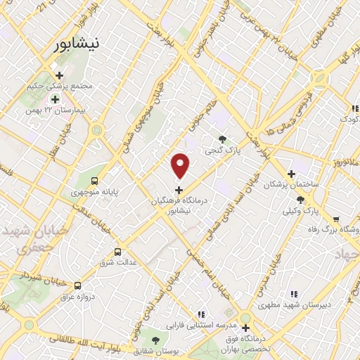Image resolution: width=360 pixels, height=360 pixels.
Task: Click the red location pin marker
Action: point(181,165)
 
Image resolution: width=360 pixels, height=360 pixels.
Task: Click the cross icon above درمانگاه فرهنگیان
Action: point(179,189)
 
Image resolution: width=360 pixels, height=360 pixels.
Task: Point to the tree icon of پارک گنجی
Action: point(223,139)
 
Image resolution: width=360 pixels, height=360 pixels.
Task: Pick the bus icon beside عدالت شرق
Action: point(117,251)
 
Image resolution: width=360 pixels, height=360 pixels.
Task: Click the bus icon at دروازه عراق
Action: point(77,285)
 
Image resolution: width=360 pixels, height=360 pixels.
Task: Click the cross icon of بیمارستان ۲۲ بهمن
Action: point(54,99)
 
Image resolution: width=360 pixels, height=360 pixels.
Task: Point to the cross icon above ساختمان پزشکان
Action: point(291,174)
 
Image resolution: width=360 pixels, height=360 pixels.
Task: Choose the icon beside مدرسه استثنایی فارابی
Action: point(201,315)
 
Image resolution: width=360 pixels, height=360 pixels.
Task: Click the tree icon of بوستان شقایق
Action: point(155,340)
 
